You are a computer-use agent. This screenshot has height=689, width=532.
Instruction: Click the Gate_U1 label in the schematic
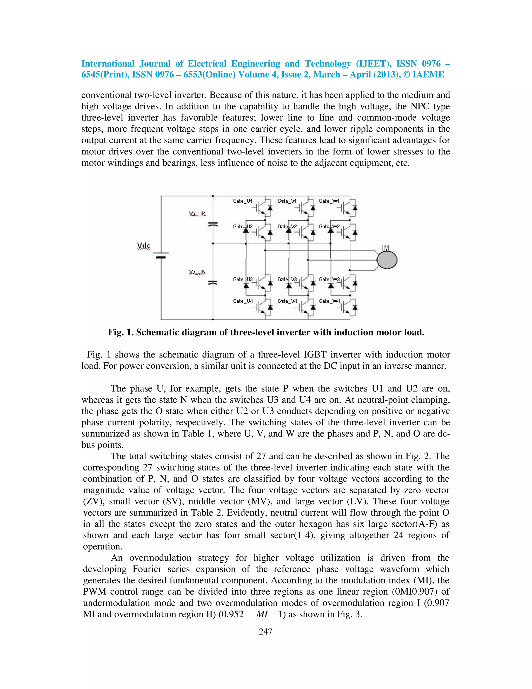243,201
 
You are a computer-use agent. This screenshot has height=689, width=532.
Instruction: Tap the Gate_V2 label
287,226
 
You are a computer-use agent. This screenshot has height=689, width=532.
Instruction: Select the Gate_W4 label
329,301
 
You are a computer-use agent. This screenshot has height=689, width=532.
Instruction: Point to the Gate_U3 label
243,279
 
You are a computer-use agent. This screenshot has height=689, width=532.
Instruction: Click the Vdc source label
144,246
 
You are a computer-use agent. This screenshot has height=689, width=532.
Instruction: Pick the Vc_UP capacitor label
197,214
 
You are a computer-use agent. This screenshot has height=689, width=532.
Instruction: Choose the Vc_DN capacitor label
197,272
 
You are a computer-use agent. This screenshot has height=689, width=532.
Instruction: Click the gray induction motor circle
387,260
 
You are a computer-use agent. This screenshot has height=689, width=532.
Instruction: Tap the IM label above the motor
385,248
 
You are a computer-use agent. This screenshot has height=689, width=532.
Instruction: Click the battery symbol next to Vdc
161,255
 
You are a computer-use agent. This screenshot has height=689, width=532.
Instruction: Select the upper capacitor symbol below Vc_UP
213,225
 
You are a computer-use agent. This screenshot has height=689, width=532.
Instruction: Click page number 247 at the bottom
265,632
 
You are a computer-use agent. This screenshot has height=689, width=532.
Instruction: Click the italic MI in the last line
262,614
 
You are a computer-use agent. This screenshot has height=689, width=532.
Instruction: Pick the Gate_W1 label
329,201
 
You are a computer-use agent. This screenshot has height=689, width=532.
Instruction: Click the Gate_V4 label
287,301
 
